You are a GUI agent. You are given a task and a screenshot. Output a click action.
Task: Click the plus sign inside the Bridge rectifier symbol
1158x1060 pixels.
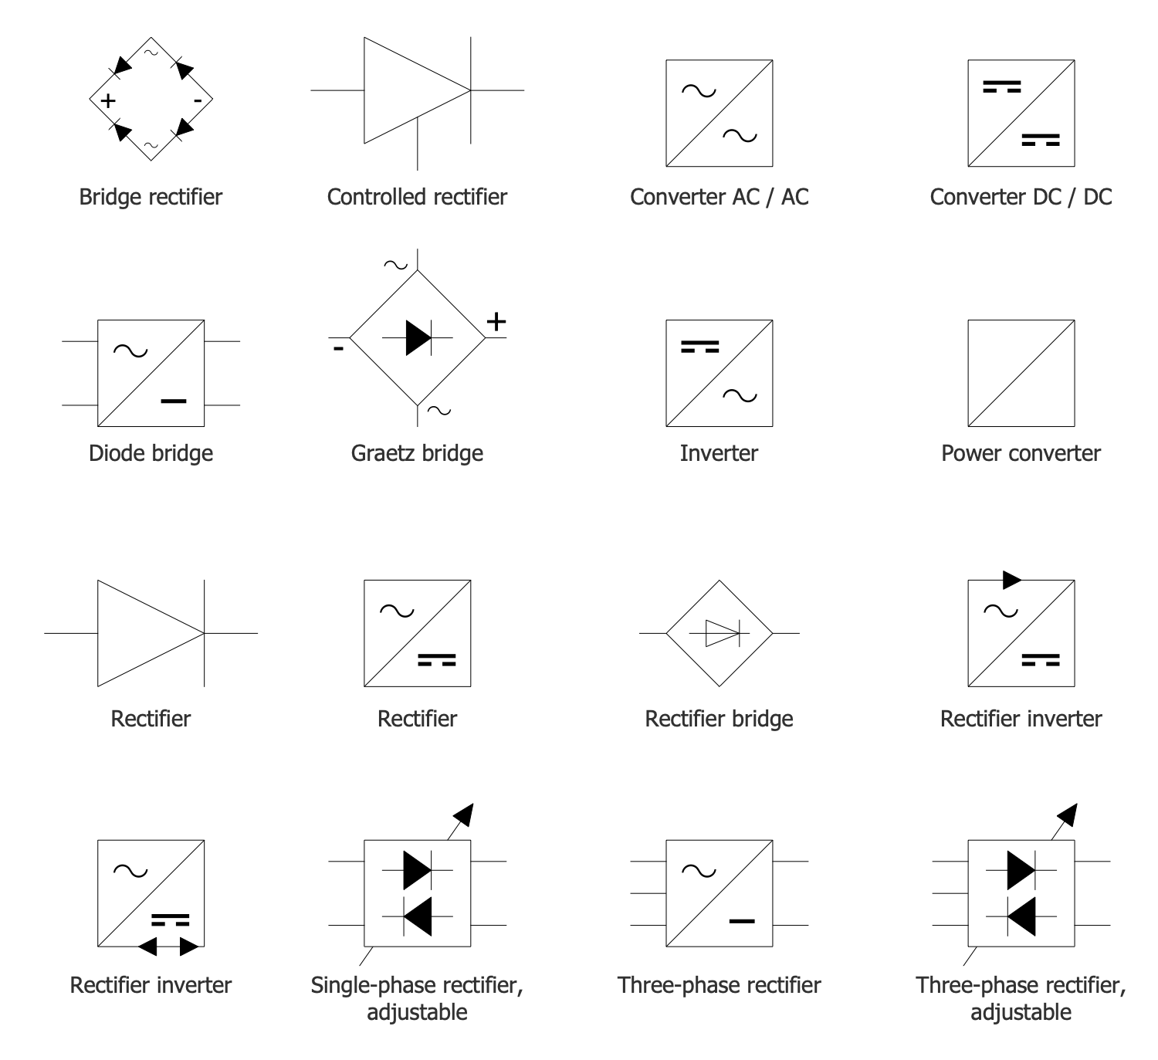point(108,100)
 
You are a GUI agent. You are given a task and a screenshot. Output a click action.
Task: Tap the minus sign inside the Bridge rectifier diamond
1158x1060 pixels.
point(198,101)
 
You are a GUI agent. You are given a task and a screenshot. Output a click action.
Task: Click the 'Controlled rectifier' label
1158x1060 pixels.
point(417,197)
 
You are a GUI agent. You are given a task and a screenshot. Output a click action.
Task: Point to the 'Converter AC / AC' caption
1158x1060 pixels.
point(719,197)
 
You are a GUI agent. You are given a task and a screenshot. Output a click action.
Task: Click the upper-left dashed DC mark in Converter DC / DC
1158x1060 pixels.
point(1001,86)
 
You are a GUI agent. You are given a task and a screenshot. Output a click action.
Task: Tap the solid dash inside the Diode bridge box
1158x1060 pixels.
point(174,401)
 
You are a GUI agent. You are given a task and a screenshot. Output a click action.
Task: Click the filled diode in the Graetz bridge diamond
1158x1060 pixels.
point(418,337)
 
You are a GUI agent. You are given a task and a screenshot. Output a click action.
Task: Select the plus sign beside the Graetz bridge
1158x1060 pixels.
point(496,321)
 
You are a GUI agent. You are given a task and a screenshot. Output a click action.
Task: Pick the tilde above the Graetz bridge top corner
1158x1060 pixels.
point(395,265)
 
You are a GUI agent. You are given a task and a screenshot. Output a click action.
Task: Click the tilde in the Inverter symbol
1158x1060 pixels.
point(740,396)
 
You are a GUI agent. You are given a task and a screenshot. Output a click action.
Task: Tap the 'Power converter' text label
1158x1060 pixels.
point(1021,453)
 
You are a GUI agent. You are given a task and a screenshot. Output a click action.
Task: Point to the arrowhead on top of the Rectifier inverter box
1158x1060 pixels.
point(1012,579)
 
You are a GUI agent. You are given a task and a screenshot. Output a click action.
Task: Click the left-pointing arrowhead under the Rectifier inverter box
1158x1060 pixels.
point(147,947)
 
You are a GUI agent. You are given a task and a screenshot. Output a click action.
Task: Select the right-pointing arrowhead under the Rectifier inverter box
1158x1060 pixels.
point(189,947)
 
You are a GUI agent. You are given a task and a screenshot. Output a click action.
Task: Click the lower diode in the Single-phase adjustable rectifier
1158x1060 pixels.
point(418,916)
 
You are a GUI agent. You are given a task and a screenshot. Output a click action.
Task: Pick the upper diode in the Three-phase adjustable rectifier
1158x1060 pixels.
point(1021,870)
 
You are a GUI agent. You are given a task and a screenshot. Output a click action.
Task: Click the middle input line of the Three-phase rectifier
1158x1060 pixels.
point(648,893)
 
